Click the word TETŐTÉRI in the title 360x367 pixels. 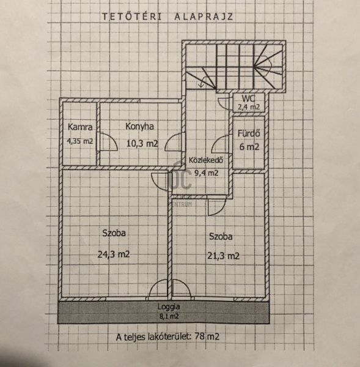tap(132, 17)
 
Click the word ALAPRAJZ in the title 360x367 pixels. tap(204, 17)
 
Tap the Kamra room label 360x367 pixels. tap(80, 127)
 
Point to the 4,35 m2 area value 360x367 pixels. tap(80, 141)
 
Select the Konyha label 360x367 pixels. tap(139, 127)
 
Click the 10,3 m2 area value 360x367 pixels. tap(142, 143)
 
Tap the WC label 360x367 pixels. tap(248, 98)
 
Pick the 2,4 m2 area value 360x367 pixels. tap(249, 107)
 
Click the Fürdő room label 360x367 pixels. tap(249, 133)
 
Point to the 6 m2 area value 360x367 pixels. tap(249, 147)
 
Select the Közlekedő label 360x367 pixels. tap(206, 160)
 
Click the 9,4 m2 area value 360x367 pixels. tap(207, 173)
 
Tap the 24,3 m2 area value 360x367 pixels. tap(114, 254)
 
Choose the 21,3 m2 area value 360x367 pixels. tap(223, 256)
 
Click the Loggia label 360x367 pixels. tap(169, 307)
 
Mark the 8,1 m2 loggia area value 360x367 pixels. tap(169, 316)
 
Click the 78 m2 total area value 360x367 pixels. tap(207, 337)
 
